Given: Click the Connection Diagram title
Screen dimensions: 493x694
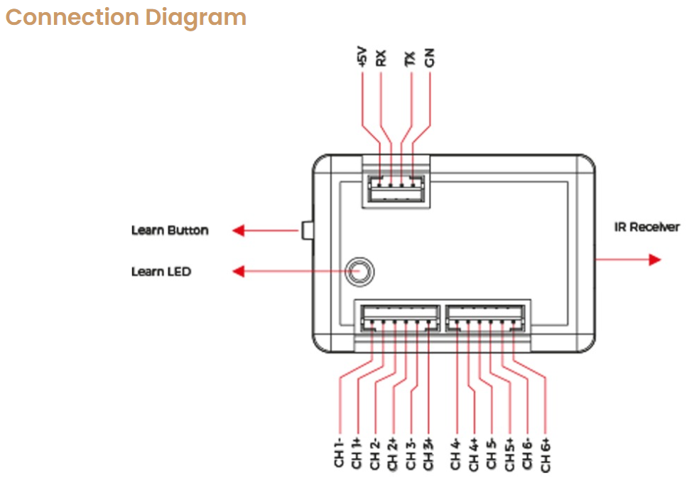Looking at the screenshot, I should (126, 17).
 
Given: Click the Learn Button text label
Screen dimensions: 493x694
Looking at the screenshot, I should (170, 230).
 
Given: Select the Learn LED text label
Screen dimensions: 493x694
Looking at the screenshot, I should (161, 271).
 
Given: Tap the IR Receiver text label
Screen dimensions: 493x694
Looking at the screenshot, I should (646, 227).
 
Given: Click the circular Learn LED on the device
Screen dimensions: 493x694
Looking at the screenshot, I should (359, 271).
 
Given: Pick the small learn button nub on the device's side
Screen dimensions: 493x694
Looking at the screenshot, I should (306, 230).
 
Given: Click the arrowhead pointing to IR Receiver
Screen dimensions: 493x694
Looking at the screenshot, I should (654, 259).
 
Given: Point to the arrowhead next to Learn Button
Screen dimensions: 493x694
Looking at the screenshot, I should (239, 230).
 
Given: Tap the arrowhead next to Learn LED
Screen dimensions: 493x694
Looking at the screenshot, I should (239, 271).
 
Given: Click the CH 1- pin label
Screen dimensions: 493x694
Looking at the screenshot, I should (339, 453).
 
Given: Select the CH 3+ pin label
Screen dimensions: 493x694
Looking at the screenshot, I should (428, 453).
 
